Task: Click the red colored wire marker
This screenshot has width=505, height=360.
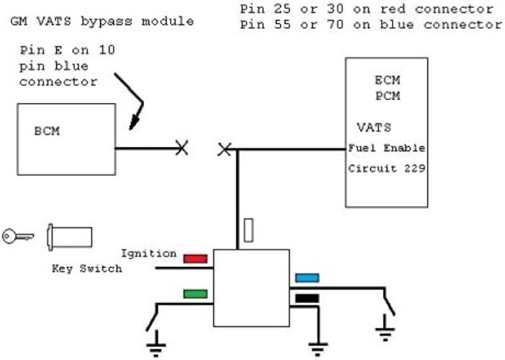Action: point(195,258)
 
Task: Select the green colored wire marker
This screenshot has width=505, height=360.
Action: point(195,294)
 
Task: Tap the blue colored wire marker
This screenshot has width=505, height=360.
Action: point(307,277)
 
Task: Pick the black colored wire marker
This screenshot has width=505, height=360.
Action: point(307,297)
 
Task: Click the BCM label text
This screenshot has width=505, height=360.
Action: point(47,132)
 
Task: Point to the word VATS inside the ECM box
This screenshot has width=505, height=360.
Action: point(373,127)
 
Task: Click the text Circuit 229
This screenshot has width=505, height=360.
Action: point(386,169)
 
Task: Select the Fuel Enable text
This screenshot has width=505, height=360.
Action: point(386,148)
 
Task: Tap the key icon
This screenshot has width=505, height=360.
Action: point(14,236)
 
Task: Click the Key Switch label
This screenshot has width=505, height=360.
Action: point(86,269)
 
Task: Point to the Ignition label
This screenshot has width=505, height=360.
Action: point(148,253)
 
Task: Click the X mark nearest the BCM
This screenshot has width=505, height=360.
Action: point(182,148)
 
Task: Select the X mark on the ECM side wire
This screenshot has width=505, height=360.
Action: point(225,149)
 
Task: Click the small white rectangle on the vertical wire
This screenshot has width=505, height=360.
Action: point(249,230)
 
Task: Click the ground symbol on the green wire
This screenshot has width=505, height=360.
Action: point(154,348)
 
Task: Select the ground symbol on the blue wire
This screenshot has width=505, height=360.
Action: point(385,332)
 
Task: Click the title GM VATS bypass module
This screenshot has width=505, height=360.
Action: point(102,21)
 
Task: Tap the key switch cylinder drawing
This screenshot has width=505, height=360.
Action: point(69,236)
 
